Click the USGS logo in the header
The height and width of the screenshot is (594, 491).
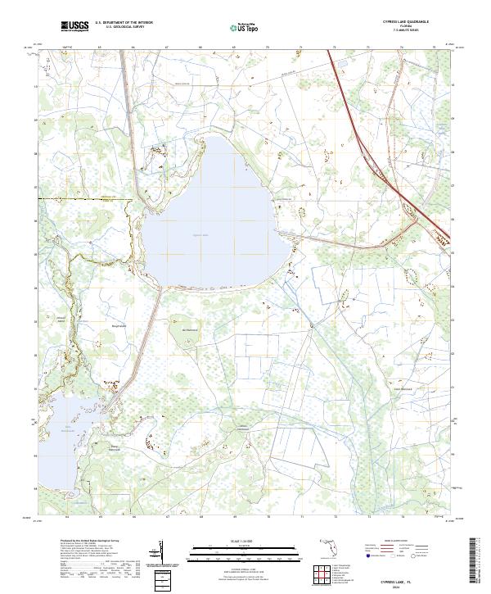(75, 26)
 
